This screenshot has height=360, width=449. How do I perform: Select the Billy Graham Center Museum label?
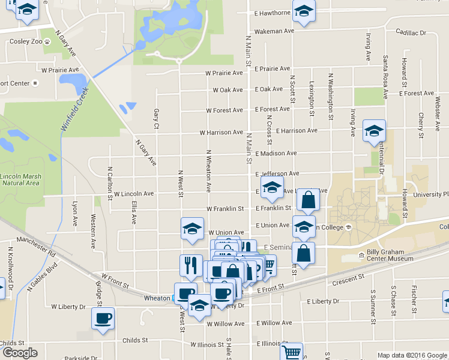coord(390,254)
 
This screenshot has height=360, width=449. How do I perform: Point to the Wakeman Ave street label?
coord(274,31)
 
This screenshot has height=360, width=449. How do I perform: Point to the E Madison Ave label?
coord(276,153)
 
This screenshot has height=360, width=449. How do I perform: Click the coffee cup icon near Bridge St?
coord(103,317)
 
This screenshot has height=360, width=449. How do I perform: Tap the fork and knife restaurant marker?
coord(191,264)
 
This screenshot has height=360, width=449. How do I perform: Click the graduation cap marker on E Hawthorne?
coord(304,12)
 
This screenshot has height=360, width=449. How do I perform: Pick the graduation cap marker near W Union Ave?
coord(192,229)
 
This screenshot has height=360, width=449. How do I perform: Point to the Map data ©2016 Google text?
coord(411,355)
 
